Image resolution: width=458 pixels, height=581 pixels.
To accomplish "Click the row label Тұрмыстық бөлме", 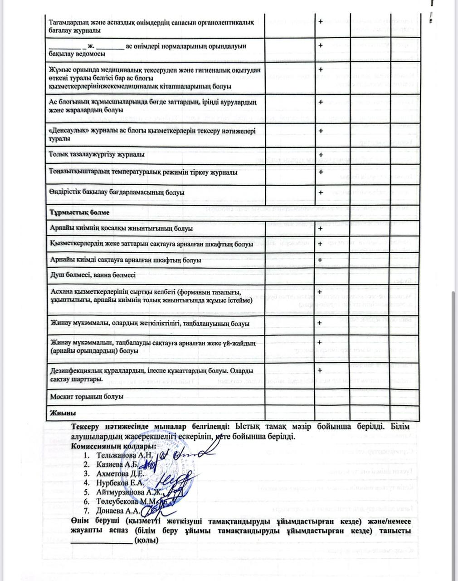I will pos(79,212).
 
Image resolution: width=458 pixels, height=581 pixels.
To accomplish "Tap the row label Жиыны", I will pos(62,413).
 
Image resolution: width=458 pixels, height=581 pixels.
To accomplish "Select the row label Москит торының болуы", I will pos(86,396).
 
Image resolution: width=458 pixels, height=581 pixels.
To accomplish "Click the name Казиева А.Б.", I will pos(117,464).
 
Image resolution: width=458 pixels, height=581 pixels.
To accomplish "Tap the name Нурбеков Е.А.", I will pos(120,483).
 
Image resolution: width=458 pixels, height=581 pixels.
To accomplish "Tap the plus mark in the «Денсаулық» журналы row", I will pos(321,131).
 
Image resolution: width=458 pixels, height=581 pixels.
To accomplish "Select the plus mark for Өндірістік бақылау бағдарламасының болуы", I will pos(321,192).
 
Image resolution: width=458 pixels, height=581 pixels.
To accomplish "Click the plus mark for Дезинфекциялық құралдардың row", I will pos(321,370).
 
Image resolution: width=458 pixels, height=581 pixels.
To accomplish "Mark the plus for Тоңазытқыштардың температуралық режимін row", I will pos(321,172).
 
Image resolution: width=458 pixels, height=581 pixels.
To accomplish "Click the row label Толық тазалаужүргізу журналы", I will pos(97,154).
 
